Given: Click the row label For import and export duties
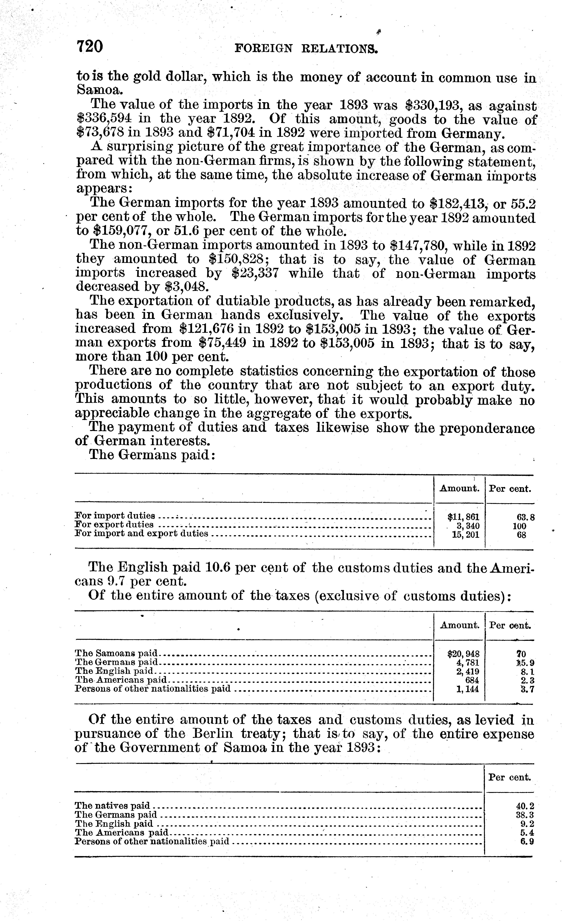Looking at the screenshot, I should [141, 533].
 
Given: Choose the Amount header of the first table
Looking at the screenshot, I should [460, 489].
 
